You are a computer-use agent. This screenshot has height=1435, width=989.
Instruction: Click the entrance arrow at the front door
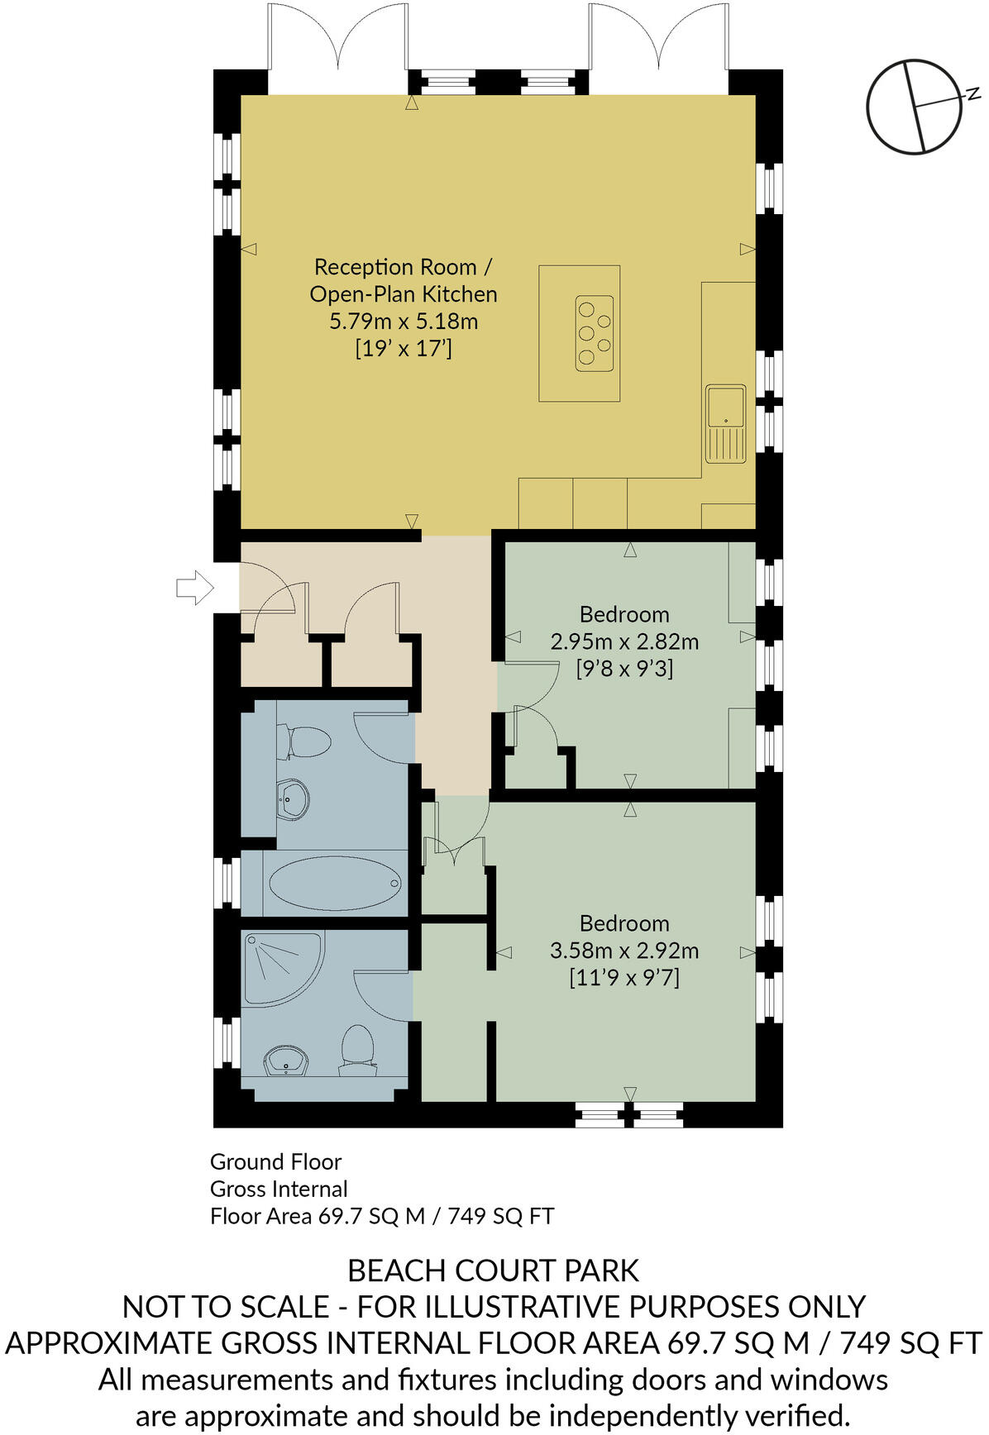[x=194, y=588]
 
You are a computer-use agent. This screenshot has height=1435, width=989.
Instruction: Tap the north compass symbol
[x=915, y=106]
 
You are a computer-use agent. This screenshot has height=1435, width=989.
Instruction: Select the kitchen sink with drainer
[x=726, y=422]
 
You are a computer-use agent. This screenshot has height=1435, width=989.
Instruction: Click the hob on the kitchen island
[x=595, y=332]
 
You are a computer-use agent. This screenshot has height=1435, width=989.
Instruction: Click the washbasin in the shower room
[x=286, y=1061]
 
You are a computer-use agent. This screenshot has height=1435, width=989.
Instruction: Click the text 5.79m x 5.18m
[x=404, y=321]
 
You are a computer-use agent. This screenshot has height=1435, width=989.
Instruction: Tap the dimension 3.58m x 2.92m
[x=624, y=951]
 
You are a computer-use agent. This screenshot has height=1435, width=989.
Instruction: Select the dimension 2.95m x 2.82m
[x=624, y=641]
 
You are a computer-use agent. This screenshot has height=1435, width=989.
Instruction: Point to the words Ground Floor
[x=275, y=1161]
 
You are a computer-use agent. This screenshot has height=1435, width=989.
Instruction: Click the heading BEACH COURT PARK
[x=494, y=1271]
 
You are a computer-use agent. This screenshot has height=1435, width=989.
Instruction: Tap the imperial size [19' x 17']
[x=404, y=348]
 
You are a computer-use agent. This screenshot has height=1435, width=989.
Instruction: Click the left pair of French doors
[x=337, y=41]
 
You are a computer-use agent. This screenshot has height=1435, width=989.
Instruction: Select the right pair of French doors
[x=658, y=41]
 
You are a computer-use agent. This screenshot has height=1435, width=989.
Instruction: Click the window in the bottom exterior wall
[x=630, y=1116]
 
